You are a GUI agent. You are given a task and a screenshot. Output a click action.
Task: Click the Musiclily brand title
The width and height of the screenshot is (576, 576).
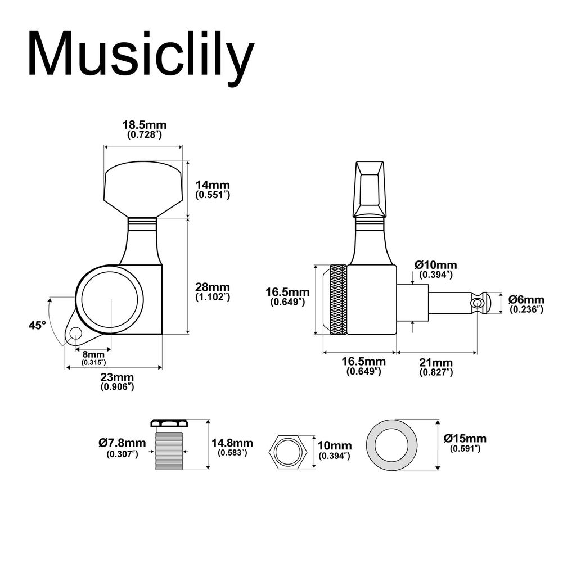click(x=141, y=55)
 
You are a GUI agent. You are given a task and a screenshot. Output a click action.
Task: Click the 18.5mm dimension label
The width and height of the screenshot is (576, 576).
click(x=145, y=129)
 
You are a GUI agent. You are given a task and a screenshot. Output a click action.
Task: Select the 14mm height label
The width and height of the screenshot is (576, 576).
click(x=213, y=190)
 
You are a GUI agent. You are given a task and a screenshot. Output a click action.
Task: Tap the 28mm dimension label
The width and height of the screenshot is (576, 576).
click(x=213, y=291)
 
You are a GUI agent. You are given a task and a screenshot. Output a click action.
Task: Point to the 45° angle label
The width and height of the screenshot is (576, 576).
click(x=37, y=325)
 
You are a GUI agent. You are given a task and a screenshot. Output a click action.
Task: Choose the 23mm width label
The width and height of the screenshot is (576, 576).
click(x=117, y=381)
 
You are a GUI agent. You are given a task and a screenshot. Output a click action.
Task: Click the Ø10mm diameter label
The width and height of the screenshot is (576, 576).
click(x=435, y=269)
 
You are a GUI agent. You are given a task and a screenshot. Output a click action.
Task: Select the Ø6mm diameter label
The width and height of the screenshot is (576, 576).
click(x=526, y=304)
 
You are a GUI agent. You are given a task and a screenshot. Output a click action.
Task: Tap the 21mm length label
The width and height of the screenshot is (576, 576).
click(x=436, y=366)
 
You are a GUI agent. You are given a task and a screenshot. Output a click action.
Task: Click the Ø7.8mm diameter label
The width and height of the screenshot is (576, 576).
click(x=122, y=448)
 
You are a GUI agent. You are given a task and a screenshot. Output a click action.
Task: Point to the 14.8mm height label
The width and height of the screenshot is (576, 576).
click(x=232, y=448)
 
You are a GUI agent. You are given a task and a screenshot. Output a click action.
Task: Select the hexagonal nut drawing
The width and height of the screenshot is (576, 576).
click(x=288, y=451)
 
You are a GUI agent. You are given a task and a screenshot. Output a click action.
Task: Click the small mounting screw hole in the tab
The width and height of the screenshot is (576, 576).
click(x=74, y=335)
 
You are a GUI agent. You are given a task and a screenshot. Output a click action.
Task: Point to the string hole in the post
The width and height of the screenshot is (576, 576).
click(x=478, y=303)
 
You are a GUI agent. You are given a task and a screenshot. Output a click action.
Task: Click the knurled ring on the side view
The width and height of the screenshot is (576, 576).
click(x=339, y=299)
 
